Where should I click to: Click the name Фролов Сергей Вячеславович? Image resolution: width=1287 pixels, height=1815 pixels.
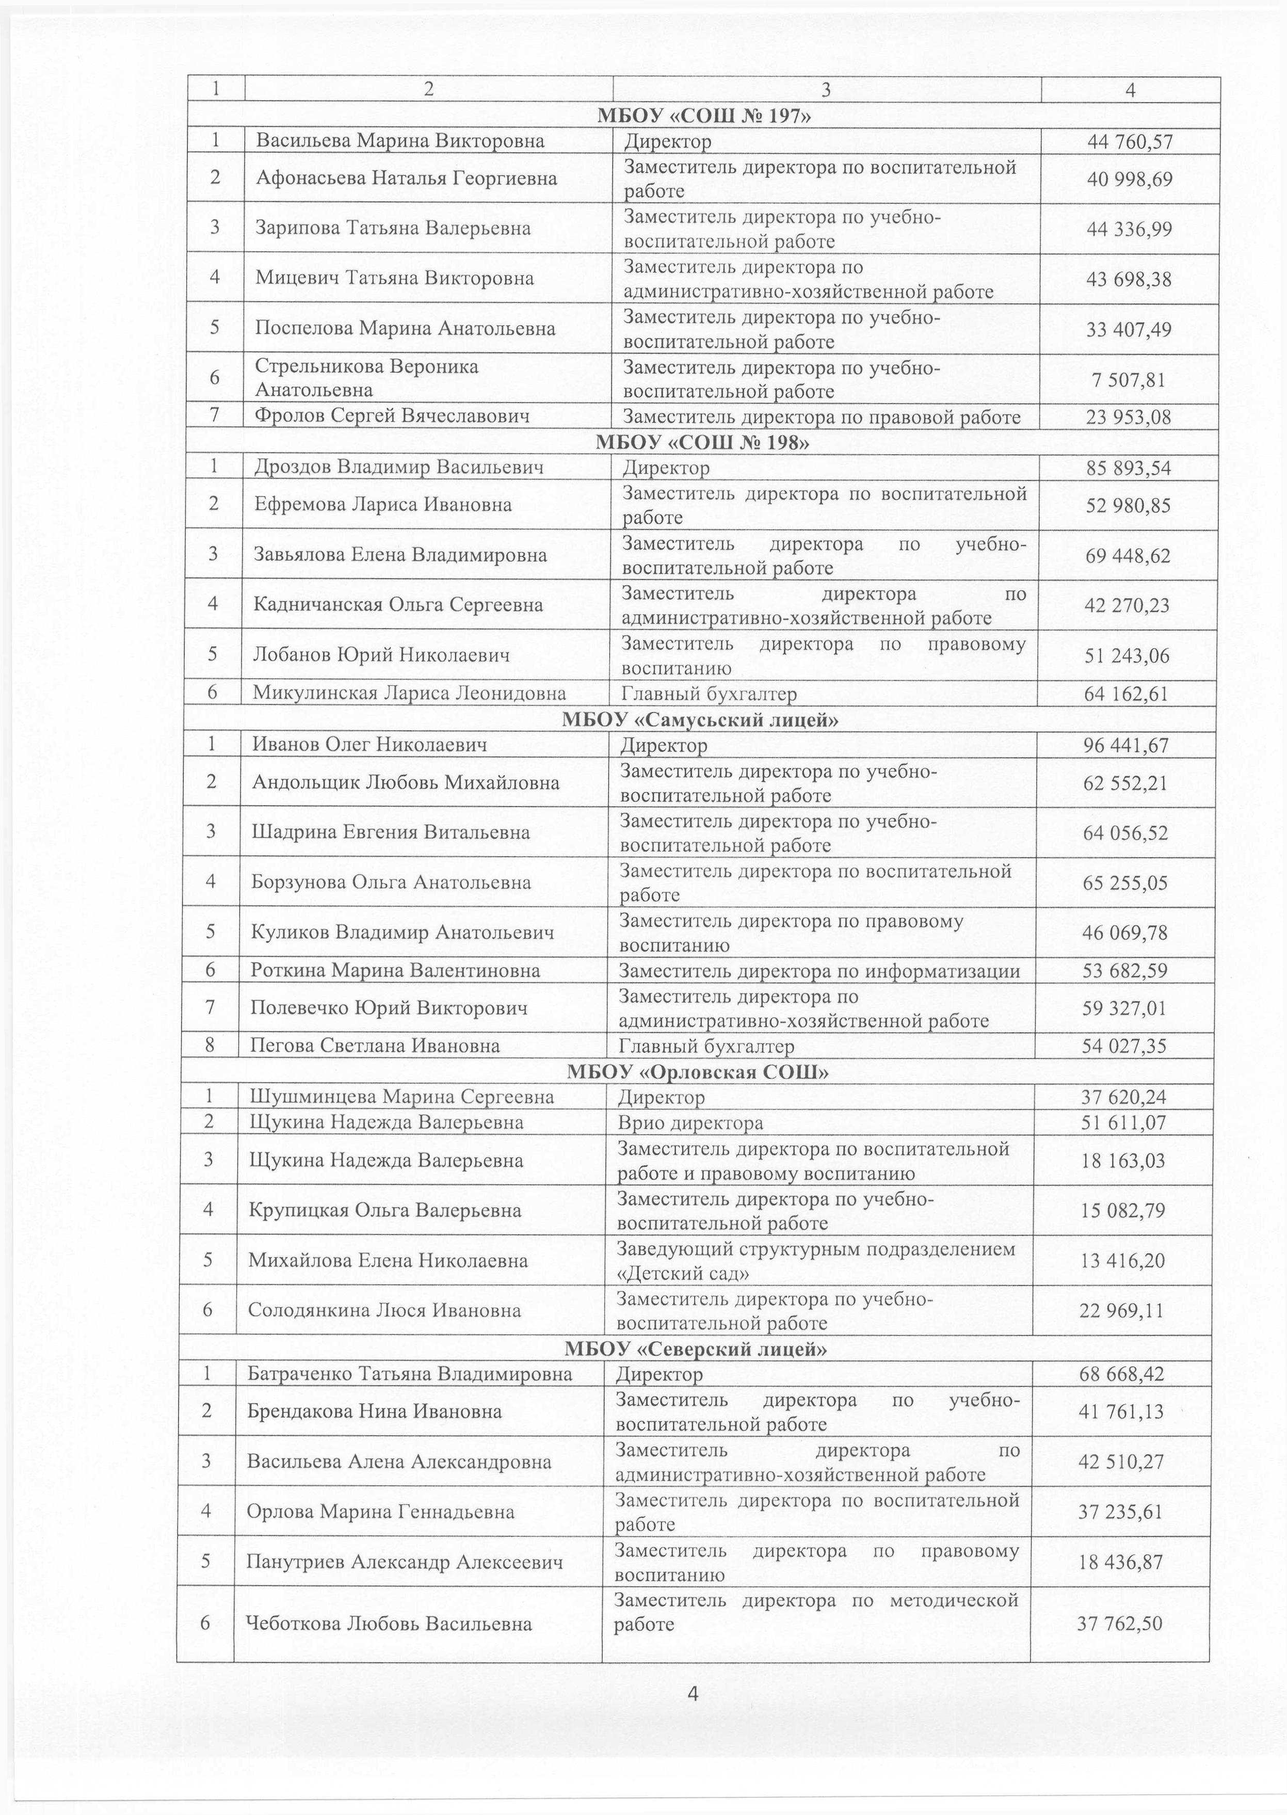(392, 416)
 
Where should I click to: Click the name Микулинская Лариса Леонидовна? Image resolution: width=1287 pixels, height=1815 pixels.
(410, 694)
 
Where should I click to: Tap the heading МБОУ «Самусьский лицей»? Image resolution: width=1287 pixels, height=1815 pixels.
(701, 720)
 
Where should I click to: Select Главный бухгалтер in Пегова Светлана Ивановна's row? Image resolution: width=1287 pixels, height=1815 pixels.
(706, 1046)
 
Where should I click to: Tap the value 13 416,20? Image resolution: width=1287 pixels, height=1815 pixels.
(1123, 1260)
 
